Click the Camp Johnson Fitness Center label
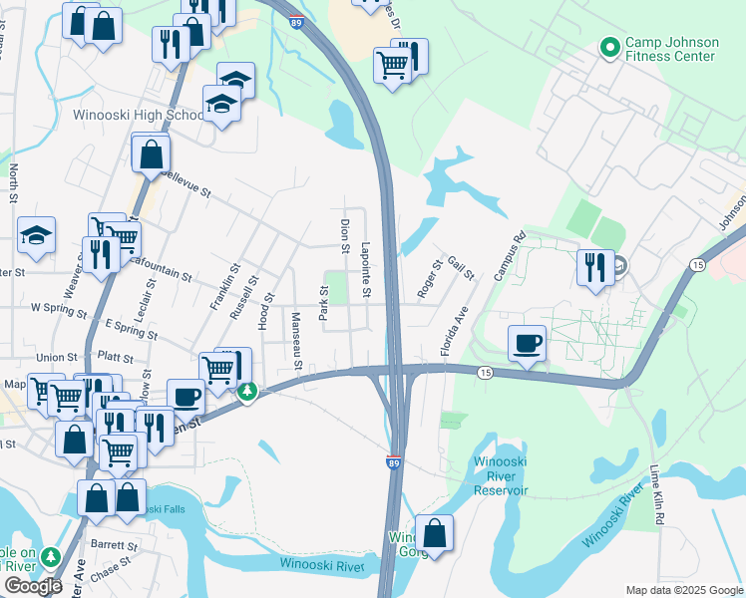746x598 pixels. click(x=670, y=50)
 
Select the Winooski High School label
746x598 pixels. click(x=139, y=115)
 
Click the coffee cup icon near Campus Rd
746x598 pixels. click(x=527, y=344)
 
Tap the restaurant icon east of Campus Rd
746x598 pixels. click(x=595, y=268)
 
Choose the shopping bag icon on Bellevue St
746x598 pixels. click(x=151, y=154)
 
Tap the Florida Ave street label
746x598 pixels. click(x=455, y=332)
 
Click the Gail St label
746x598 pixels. click(x=461, y=268)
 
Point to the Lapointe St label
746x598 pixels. click(x=366, y=270)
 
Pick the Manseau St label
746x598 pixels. click(x=296, y=340)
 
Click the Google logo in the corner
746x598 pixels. click(x=33, y=586)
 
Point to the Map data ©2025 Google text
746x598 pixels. click(x=683, y=590)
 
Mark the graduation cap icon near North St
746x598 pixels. click(x=37, y=236)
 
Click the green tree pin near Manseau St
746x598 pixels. click(x=247, y=393)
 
